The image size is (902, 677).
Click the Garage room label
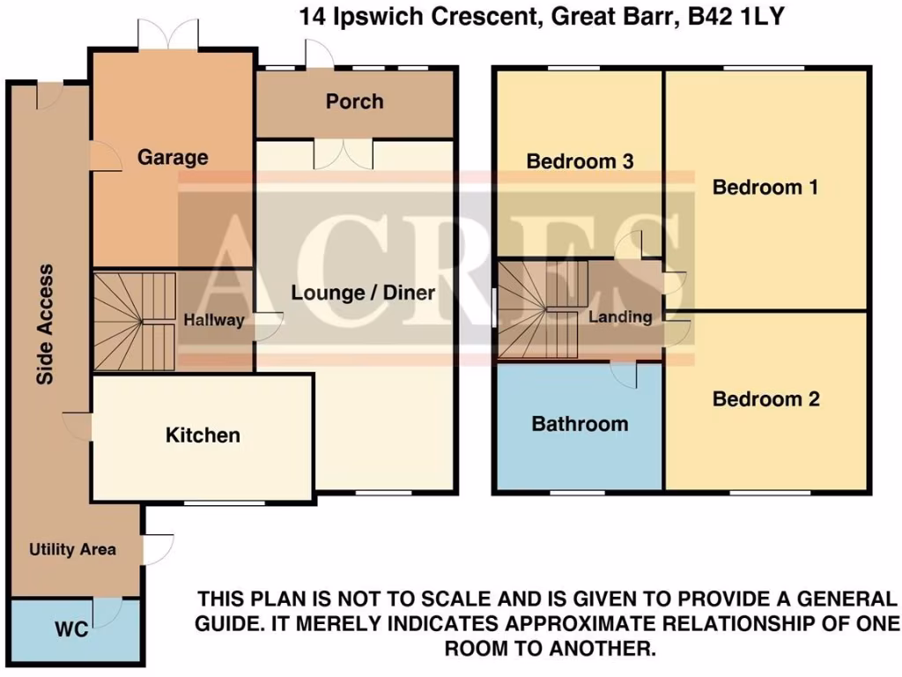(173, 158)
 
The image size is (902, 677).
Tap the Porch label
(354, 101)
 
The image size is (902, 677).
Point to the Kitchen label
(203, 435)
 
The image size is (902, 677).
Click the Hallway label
(213, 320)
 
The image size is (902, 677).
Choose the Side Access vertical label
(45, 324)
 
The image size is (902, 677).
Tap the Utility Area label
(72, 549)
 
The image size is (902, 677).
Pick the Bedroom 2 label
(765, 399)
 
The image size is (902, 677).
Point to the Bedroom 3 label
(580, 161)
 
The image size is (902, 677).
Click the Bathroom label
(580, 424)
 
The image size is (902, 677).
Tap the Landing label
(620, 317)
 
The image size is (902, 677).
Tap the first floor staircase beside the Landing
(541, 309)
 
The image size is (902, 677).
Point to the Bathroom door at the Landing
(624, 374)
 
